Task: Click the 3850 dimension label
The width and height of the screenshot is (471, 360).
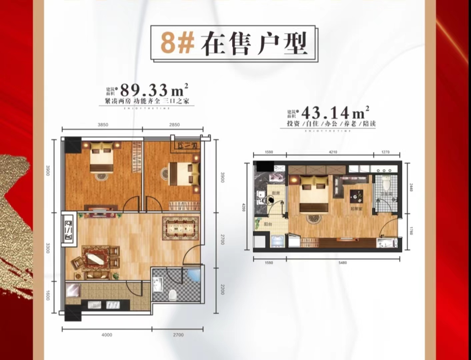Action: (103, 125)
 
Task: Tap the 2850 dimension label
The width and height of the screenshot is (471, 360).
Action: (174, 125)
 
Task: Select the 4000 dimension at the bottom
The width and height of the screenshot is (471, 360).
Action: (107, 335)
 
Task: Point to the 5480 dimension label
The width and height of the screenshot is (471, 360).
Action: (343, 263)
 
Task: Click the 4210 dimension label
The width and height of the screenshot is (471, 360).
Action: (333, 152)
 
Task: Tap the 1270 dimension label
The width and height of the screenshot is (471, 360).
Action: (385, 152)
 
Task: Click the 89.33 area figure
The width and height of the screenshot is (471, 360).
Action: (144, 90)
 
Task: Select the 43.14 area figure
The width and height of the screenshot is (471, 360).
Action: (325, 113)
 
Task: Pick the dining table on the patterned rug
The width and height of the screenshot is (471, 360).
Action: (180, 228)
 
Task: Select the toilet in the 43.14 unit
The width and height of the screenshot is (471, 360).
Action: (386, 182)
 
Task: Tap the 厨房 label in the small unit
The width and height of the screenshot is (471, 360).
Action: (275, 193)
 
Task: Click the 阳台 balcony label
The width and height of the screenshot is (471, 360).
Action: (268, 224)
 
